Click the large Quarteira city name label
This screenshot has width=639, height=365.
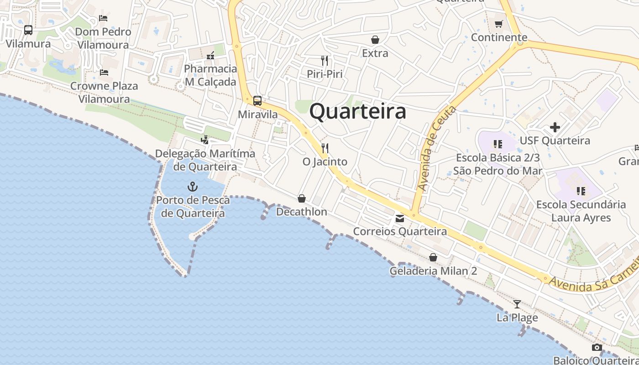tap(358, 112)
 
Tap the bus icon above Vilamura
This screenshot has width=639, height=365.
tap(28, 30)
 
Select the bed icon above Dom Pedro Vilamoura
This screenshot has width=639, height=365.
tap(103, 18)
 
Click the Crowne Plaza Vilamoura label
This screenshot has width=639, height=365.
tap(104, 92)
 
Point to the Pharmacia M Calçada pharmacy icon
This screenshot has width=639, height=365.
tap(210, 56)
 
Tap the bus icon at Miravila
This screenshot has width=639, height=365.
tap(257, 101)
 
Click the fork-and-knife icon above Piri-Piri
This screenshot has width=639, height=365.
tap(325, 60)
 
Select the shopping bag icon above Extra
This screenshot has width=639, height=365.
tap(375, 40)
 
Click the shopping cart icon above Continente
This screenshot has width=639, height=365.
tap(499, 24)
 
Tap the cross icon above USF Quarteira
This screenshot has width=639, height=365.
tap(555, 127)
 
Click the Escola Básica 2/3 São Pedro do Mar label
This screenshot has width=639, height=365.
tap(498, 164)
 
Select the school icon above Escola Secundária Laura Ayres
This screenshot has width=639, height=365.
tap(581, 191)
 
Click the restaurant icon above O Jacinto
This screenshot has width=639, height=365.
tap(325, 148)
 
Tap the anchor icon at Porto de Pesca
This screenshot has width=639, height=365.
tap(193, 186)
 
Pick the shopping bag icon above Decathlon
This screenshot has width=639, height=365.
tap(302, 198)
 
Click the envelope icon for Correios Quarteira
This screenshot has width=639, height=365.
tap(400, 219)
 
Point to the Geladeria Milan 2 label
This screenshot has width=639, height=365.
tap(433, 271)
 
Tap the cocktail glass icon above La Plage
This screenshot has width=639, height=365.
tap(517, 304)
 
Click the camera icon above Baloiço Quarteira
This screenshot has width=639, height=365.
tap(597, 348)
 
